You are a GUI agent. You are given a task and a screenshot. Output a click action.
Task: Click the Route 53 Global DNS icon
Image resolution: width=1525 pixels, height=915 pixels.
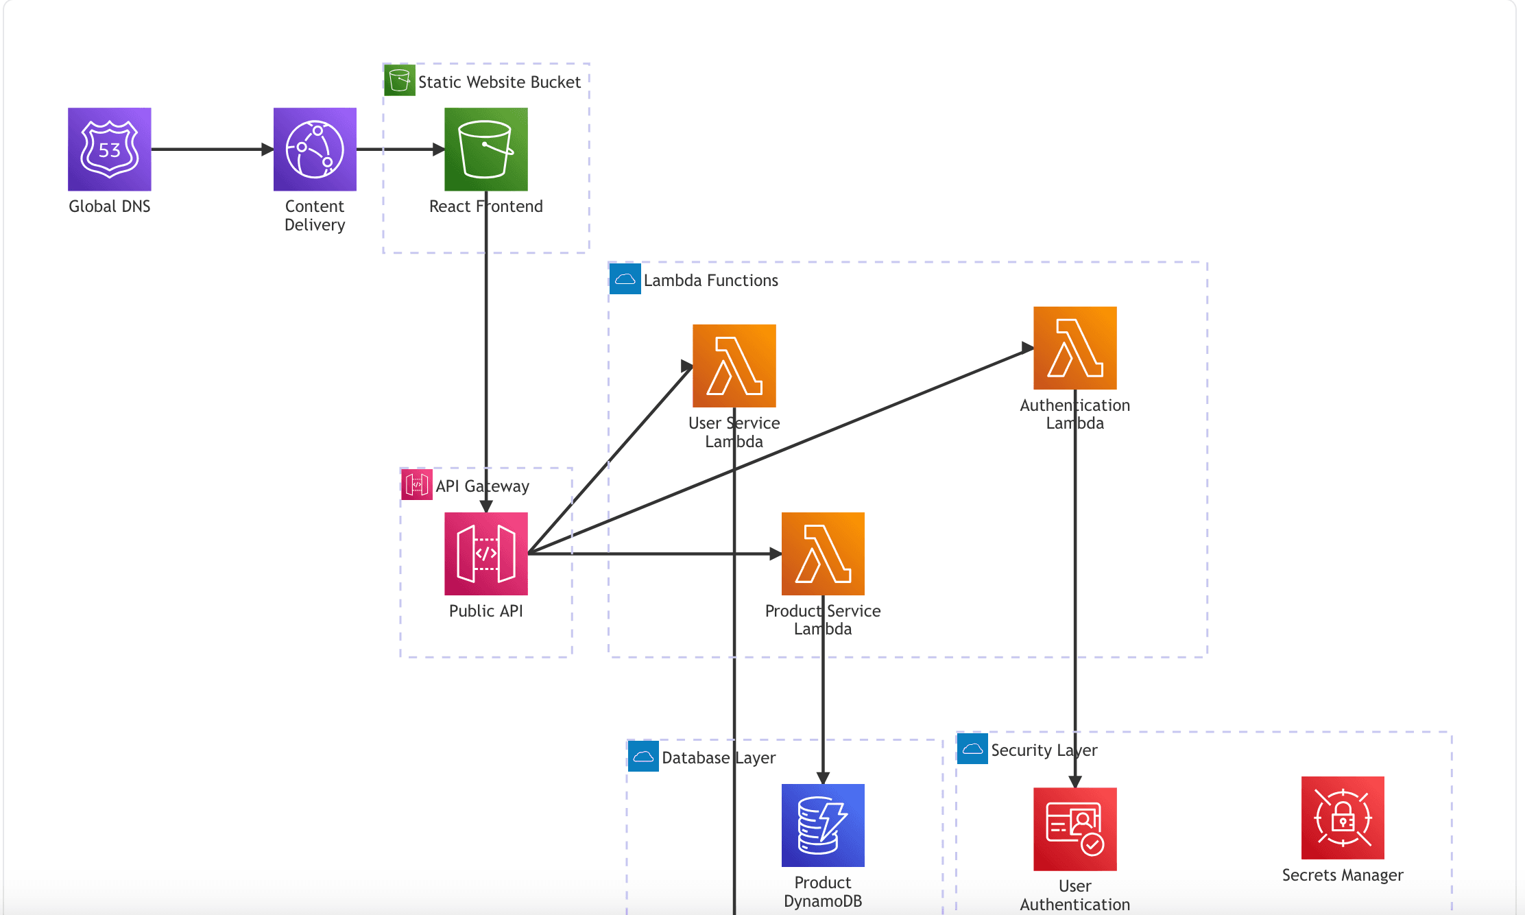pyautogui.click(x=110, y=149)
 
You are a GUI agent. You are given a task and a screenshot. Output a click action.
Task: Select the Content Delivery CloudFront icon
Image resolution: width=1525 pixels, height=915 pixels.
pyautogui.click(x=315, y=149)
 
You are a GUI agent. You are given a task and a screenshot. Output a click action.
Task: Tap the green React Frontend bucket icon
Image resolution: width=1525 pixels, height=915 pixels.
pyautogui.click(x=486, y=149)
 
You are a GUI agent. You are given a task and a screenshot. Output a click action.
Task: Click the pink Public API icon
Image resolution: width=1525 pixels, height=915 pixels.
pyautogui.click(x=486, y=554)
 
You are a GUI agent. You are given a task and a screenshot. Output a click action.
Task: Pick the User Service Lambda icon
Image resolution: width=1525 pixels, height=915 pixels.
pyautogui.click(x=734, y=366)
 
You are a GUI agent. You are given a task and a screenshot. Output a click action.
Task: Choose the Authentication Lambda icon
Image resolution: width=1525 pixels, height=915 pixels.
pyautogui.click(x=1075, y=348)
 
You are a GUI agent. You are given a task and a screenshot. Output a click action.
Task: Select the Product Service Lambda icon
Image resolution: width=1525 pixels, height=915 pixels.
pyautogui.click(x=823, y=554)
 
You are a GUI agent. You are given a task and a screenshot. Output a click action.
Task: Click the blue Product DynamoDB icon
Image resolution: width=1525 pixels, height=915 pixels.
pyautogui.click(x=823, y=825)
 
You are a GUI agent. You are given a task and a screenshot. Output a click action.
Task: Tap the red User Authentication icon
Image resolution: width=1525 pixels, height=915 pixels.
pyautogui.click(x=1075, y=829)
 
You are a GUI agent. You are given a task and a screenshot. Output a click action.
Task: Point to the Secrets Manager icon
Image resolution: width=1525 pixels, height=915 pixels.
pyautogui.click(x=1343, y=818)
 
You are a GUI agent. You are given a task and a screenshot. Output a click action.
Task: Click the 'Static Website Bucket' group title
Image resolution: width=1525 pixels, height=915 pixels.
pyautogui.click(x=499, y=82)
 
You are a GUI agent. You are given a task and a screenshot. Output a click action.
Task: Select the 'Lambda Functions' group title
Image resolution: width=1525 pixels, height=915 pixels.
pyautogui.click(x=710, y=281)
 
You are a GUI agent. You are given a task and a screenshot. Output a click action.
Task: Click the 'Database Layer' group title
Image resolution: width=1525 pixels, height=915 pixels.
pyautogui.click(x=719, y=758)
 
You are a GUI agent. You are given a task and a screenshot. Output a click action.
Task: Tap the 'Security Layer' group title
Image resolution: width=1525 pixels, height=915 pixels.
pyautogui.click(x=1044, y=750)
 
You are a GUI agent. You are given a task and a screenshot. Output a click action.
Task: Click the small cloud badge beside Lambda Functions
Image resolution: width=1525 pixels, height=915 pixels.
pyautogui.click(x=625, y=279)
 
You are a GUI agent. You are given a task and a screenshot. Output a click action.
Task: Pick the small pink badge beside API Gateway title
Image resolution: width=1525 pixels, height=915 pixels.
pyautogui.click(x=416, y=485)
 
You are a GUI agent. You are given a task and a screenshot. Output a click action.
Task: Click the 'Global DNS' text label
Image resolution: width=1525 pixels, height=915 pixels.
pyautogui.click(x=110, y=206)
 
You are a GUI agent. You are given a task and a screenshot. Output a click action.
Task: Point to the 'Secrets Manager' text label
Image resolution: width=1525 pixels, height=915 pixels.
pyautogui.click(x=1343, y=875)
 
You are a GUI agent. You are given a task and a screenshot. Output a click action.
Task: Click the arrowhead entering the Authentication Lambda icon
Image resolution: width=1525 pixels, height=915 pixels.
pyautogui.click(x=1027, y=348)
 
